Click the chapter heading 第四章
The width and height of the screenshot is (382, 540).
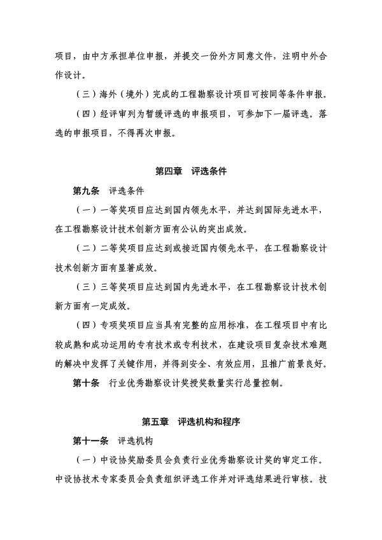click(169, 171)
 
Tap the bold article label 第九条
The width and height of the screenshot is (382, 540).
click(86, 190)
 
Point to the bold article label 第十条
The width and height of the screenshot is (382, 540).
click(86, 384)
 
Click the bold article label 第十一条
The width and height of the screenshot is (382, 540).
click(90, 440)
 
